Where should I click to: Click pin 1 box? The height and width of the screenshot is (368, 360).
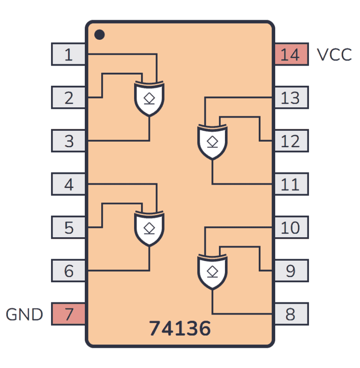tap(68, 54)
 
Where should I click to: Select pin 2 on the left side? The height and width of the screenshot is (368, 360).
tap(68, 98)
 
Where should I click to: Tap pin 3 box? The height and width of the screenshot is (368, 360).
tap(68, 141)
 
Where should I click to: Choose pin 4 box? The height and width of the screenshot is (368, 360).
tap(68, 184)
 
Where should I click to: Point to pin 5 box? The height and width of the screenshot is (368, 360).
tap(68, 227)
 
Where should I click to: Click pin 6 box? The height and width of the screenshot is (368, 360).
tap(68, 270)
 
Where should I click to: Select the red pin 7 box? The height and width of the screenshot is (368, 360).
tap(68, 314)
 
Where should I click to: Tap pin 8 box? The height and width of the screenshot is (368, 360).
tap(291, 314)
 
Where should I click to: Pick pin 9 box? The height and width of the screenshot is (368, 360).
tap(291, 270)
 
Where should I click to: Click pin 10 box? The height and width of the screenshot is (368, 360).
tap(291, 227)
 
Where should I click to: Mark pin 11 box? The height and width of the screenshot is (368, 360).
tap(291, 184)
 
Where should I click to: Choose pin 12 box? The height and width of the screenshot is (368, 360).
tap(291, 141)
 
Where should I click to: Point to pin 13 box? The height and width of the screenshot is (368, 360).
tap(291, 98)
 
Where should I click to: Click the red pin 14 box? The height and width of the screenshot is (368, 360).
tap(291, 54)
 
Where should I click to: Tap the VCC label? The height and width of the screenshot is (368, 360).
tap(334, 55)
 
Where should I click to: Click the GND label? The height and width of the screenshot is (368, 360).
tap(24, 314)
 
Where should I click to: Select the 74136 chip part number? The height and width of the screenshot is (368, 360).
tap(180, 329)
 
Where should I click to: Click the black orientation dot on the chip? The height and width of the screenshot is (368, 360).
tap(99, 35)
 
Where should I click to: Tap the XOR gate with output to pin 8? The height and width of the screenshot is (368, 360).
tap(212, 271)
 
